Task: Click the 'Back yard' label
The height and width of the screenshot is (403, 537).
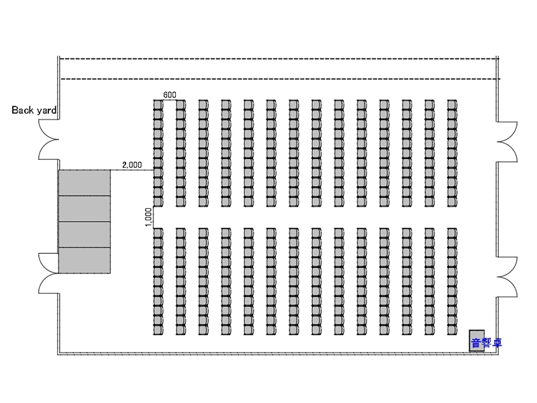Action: coord(33,109)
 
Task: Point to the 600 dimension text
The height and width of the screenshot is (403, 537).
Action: coord(169,95)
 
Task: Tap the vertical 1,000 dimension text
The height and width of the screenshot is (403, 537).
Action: coord(148,217)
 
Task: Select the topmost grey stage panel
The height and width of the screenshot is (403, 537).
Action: coord(84,183)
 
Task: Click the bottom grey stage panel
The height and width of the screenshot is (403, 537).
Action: coord(84,261)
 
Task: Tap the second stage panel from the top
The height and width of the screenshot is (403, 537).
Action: coord(84,208)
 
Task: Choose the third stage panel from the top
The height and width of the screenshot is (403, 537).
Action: coord(84,234)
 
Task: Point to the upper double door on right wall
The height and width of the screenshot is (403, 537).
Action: coord(507,142)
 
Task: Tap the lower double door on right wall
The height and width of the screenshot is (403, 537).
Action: coord(507,277)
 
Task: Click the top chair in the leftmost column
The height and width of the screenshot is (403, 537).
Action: coord(158,105)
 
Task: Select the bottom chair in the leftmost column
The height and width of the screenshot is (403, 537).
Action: coord(158,330)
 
